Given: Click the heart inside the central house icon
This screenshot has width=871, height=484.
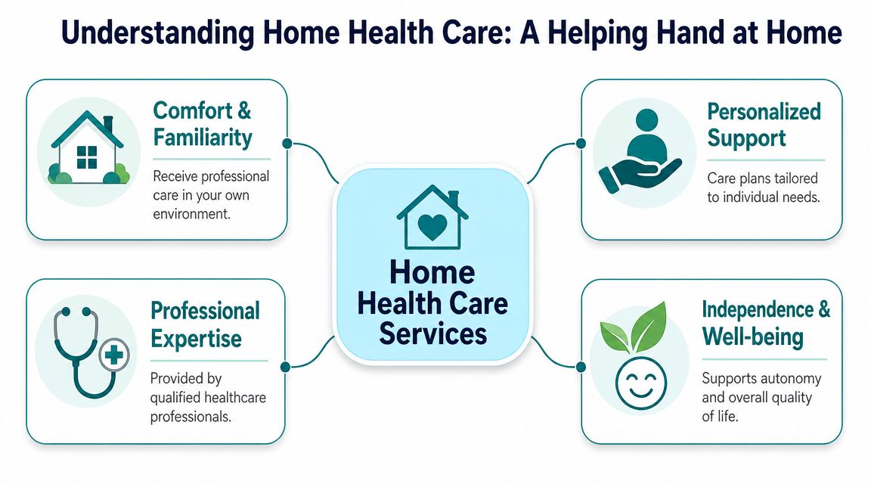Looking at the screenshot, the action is coord(432,226).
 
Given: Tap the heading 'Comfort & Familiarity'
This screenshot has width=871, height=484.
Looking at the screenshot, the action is coord(202,124).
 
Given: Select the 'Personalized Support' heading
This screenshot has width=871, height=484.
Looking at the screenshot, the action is coord(764,125).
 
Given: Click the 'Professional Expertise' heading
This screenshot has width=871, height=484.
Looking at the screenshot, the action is coord(205,324).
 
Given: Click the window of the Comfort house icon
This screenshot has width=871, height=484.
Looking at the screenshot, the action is coord(87,157).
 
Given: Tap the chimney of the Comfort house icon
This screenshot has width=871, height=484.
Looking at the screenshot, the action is coord(108,123).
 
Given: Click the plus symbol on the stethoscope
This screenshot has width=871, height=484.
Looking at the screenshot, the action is coord(114,355).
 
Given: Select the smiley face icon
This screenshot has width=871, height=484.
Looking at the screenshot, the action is coord(640,383).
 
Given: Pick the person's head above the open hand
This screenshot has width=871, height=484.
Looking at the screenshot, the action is coord(646,119).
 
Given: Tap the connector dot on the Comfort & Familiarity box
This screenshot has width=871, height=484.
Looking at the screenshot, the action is coord(287,144).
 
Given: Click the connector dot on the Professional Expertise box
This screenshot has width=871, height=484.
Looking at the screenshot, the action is coord(286,367).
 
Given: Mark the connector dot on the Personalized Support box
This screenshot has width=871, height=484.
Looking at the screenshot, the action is coord(581,144).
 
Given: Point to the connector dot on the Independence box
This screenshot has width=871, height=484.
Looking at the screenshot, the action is coord(581,367).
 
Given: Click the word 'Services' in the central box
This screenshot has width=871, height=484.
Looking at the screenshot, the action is coord(432,334).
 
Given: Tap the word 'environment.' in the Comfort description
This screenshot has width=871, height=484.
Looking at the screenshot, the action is coord(191,214).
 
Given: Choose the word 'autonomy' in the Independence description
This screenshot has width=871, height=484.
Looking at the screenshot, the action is coord(792,380).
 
